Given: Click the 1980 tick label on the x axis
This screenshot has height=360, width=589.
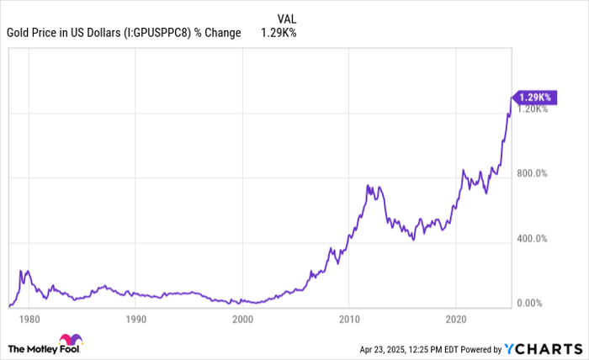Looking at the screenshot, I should [29, 320].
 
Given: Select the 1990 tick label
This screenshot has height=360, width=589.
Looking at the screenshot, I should [136, 320].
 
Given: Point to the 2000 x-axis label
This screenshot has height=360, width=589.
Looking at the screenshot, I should [242, 320].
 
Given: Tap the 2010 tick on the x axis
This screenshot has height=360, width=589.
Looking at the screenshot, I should [349, 320].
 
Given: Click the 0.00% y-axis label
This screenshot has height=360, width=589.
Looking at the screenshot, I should [533, 304].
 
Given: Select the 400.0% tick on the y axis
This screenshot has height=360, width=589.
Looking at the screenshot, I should [533, 239].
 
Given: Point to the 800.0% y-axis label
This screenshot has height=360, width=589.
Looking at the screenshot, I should [533, 174].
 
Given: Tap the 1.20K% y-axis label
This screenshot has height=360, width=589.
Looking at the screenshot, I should [533, 109].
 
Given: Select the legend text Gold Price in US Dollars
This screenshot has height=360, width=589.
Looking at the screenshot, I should [66, 33].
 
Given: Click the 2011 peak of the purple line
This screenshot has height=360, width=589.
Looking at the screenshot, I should [368, 185].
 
